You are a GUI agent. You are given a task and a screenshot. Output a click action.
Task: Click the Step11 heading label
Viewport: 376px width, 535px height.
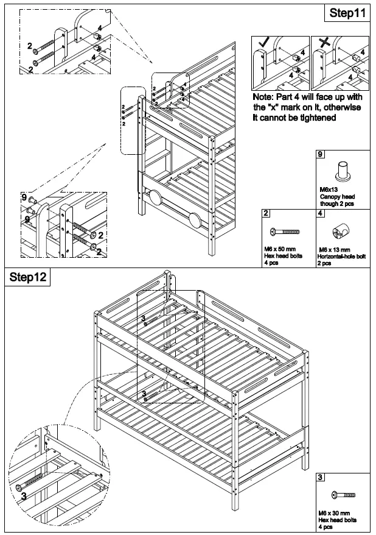coord(349,12)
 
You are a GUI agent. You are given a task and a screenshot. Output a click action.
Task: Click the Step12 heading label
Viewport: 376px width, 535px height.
coord(28,277)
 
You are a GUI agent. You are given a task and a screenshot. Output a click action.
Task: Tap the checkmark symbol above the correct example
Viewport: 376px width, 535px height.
coord(263,42)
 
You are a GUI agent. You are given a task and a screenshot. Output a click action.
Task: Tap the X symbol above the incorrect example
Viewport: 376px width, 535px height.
coord(322,43)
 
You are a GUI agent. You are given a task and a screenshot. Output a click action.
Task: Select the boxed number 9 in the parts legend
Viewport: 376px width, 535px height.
coord(320,155)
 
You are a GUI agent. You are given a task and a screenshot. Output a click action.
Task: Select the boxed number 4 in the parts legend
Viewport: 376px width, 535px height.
coord(320,213)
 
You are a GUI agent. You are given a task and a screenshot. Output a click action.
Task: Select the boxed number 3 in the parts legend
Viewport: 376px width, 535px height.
coord(320,478)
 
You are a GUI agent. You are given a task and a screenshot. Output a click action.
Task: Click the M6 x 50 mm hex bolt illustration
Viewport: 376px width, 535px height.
coord(285,232)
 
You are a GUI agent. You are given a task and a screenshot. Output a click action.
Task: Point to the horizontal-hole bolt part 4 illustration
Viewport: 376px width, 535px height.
coord(341,232)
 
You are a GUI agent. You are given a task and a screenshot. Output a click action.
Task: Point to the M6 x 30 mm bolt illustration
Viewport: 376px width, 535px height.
coord(343,495)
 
